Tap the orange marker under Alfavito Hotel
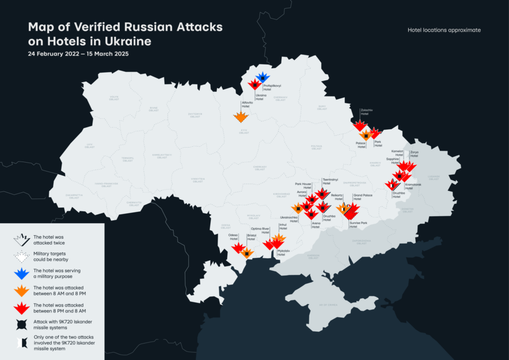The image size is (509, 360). coord(241,117)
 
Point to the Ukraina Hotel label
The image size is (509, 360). coord(261,96)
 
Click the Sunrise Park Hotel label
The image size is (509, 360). coord(358,225)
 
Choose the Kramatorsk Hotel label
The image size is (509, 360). coord(413,186)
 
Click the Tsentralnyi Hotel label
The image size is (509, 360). coord(330,181)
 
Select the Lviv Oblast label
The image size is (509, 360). coord(89,145)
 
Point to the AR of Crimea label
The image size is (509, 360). coord(328,304)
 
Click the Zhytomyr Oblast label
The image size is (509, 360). coord(195,115)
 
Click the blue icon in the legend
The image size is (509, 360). coord(21,273)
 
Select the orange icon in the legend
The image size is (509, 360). coord(21,290)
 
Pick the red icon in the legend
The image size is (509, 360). coord(21,308)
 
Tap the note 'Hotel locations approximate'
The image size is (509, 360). coord(444,30)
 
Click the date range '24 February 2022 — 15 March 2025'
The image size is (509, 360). coord(78,54)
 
